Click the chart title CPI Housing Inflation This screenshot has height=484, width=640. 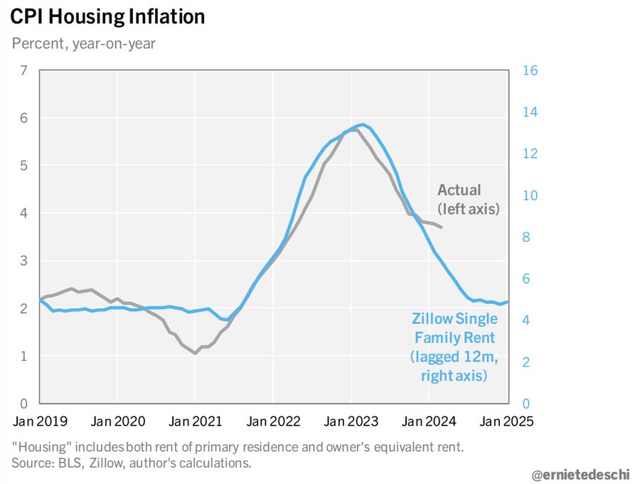pyautogui.click(x=107, y=17)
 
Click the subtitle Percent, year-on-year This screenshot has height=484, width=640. pyautogui.click(x=84, y=43)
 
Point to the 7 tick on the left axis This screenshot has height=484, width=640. pyautogui.click(x=23, y=70)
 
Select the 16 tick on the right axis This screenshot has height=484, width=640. pyautogui.click(x=530, y=70)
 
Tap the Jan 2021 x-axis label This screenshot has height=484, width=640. pyautogui.click(x=195, y=421)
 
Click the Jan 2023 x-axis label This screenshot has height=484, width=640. pyautogui.click(x=351, y=421)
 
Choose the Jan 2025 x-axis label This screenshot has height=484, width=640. pyautogui.click(x=506, y=421)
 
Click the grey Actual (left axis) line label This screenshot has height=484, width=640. pyautogui.click(x=469, y=199)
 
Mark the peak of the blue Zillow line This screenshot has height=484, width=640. pyautogui.click(x=363, y=125)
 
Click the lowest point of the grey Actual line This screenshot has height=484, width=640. pyautogui.click(x=195, y=353)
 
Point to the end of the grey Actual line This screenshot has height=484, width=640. pyautogui.click(x=442, y=227)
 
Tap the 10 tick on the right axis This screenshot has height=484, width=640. pyautogui.click(x=530, y=196)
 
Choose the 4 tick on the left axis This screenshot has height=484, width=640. pyautogui.click(x=23, y=213)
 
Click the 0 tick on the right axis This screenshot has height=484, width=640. pyautogui.click(x=527, y=404)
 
